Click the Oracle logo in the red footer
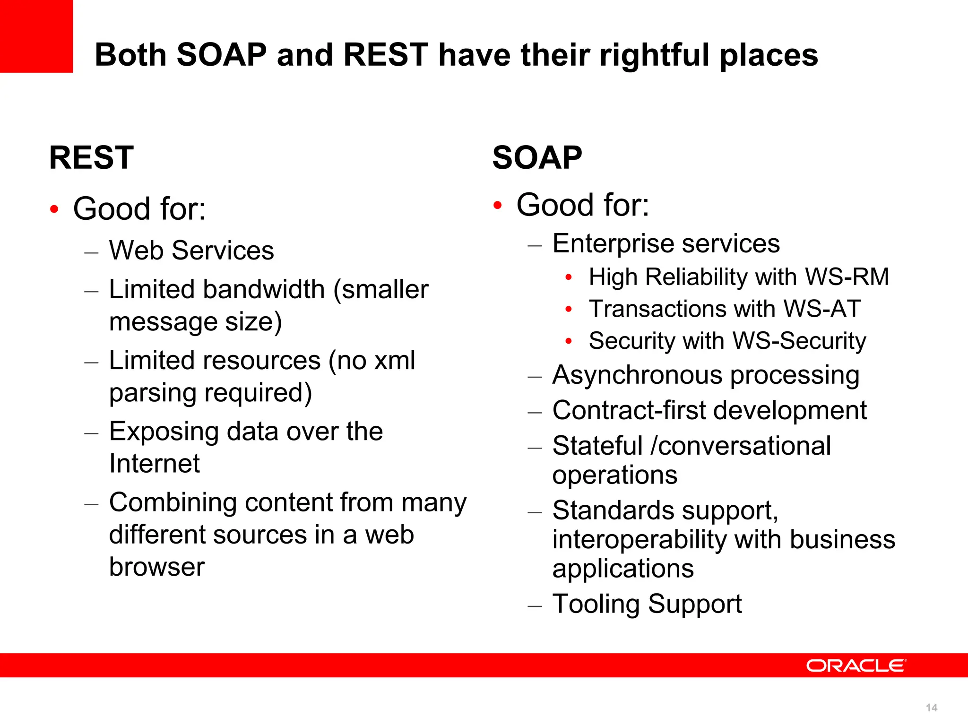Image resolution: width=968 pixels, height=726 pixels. pos(856,665)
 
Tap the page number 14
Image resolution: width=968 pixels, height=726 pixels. pos(931,708)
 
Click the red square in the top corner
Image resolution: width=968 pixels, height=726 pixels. pos(36,36)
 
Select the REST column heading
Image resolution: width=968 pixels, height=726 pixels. pos(91,157)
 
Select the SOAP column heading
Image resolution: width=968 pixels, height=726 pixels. pos(537,157)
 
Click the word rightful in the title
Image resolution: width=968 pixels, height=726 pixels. pos(655,55)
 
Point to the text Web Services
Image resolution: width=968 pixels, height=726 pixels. pos(191,250)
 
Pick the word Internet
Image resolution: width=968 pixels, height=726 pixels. pos(155,463)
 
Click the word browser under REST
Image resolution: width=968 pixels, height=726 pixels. pos(157,567)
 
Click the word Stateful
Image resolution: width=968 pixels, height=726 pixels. pos(597,446)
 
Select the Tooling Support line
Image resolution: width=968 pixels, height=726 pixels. pos(647,604)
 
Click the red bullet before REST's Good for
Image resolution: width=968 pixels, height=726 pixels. pos(54,209)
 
